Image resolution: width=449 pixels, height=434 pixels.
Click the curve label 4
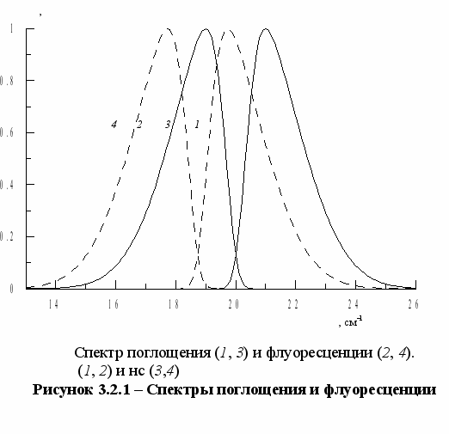click(x=114, y=125)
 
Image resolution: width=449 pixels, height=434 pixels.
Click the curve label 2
click(x=139, y=125)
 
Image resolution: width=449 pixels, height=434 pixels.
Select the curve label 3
click(x=168, y=125)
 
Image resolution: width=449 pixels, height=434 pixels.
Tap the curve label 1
click(x=197, y=125)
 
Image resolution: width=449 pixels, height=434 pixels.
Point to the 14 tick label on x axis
click(x=53, y=304)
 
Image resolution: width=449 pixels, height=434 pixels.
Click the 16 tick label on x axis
click(x=114, y=304)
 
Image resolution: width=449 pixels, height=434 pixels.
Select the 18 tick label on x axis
click(x=174, y=304)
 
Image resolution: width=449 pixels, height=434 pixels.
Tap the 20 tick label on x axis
click(x=234, y=304)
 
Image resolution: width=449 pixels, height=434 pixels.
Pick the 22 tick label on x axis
click(x=293, y=304)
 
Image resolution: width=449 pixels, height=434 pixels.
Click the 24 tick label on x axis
click(x=354, y=304)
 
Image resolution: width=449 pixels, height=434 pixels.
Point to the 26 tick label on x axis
click(x=414, y=304)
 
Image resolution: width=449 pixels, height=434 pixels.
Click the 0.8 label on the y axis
click(x=7, y=81)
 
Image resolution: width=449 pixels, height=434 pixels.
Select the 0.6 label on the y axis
click(x=7, y=132)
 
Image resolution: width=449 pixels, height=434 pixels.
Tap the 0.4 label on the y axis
click(x=7, y=185)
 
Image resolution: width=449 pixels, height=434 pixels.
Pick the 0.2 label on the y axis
click(x=7, y=236)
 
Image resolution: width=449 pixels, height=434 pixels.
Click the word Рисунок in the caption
click(x=63, y=390)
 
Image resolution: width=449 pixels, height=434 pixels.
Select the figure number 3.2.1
click(x=114, y=389)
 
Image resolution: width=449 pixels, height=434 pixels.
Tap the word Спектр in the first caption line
click(x=99, y=353)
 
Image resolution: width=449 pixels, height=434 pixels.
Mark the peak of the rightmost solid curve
click(x=266, y=28)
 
